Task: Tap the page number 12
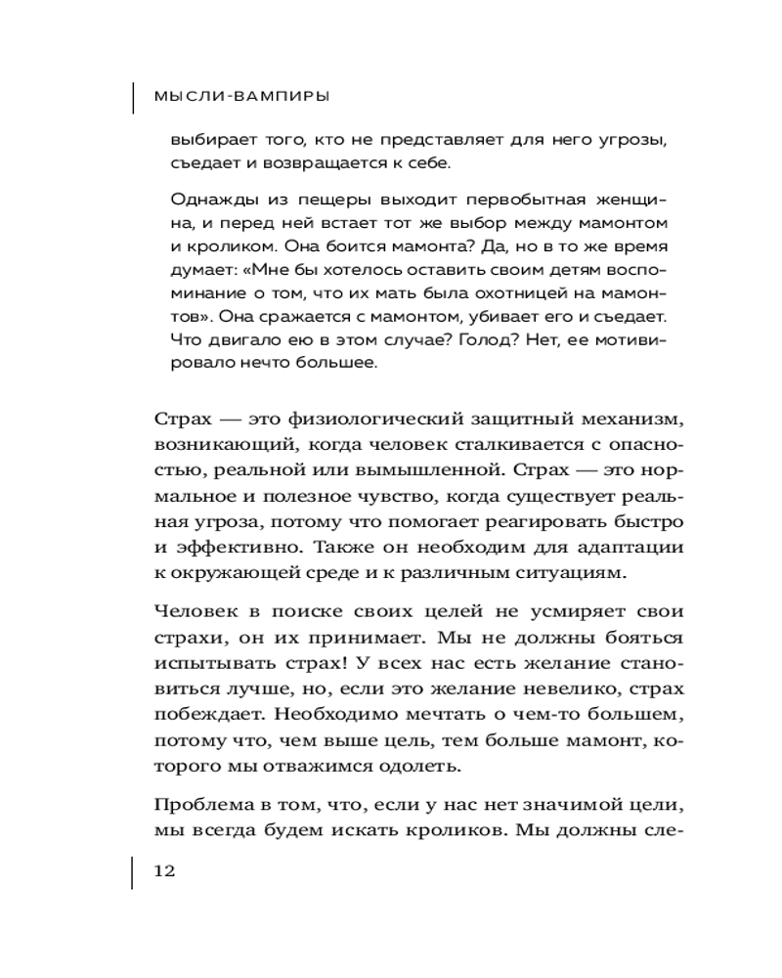[163, 871]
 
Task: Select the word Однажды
[203, 200]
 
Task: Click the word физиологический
[375, 421]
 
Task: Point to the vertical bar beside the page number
[134, 871]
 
